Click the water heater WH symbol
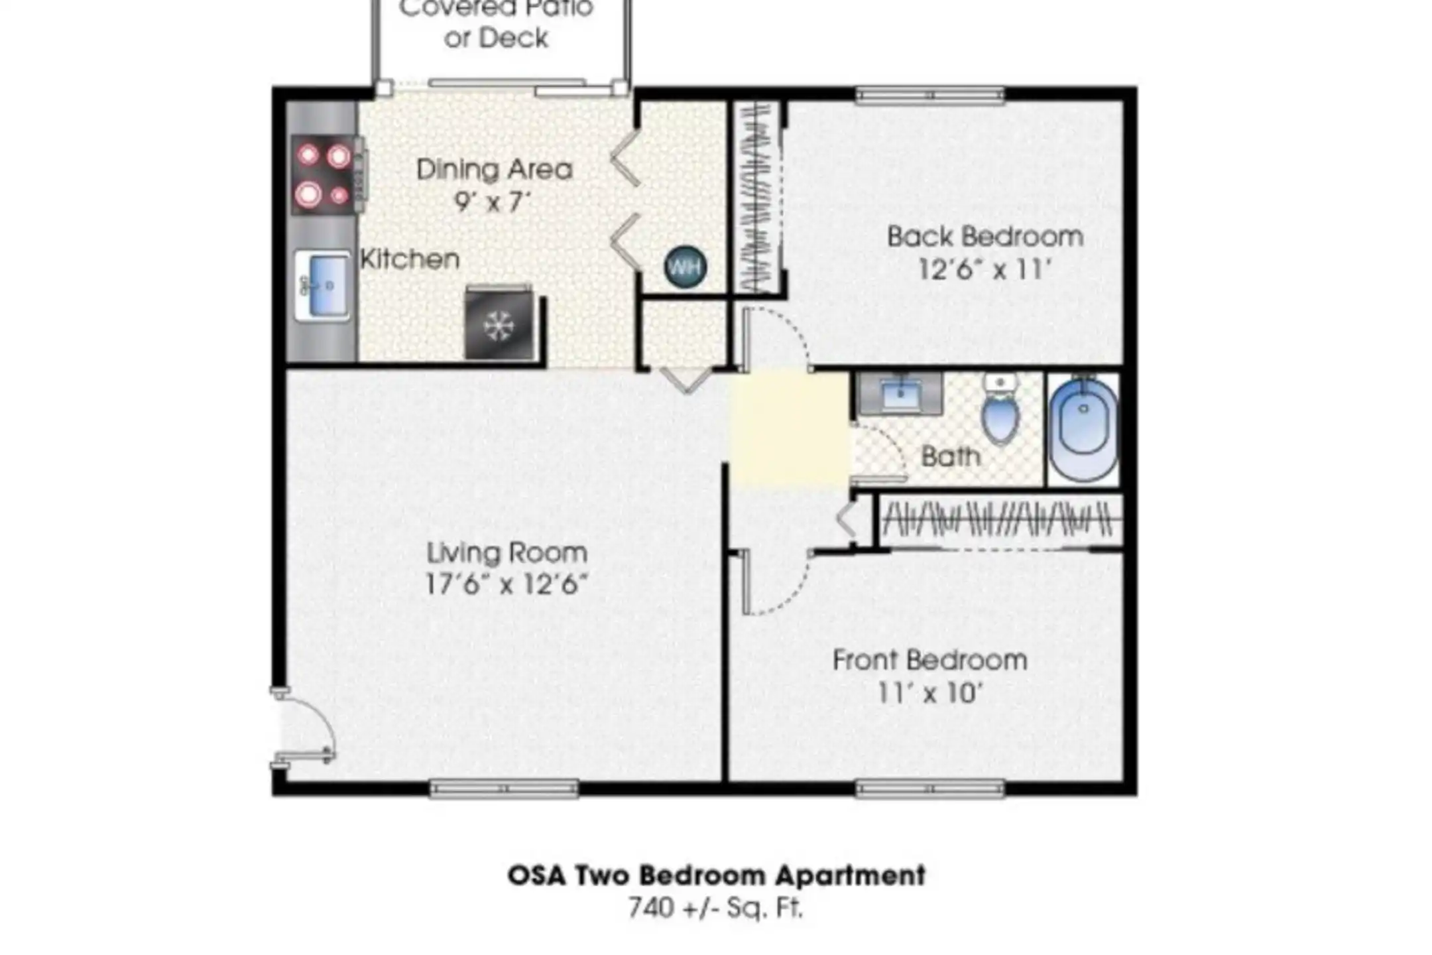(685, 267)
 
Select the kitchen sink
(322, 286)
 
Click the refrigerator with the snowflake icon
(499, 324)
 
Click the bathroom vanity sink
(900, 394)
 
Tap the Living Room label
(507, 552)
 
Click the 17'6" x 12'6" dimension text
(506, 585)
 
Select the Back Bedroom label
(985, 237)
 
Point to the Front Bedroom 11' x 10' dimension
(929, 694)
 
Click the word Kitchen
(410, 259)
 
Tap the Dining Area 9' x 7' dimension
(493, 201)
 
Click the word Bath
(951, 456)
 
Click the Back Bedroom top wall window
(930, 95)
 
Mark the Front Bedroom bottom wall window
(930, 789)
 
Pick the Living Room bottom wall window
(504, 789)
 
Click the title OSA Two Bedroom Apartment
(717, 875)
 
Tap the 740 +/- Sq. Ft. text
(715, 908)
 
